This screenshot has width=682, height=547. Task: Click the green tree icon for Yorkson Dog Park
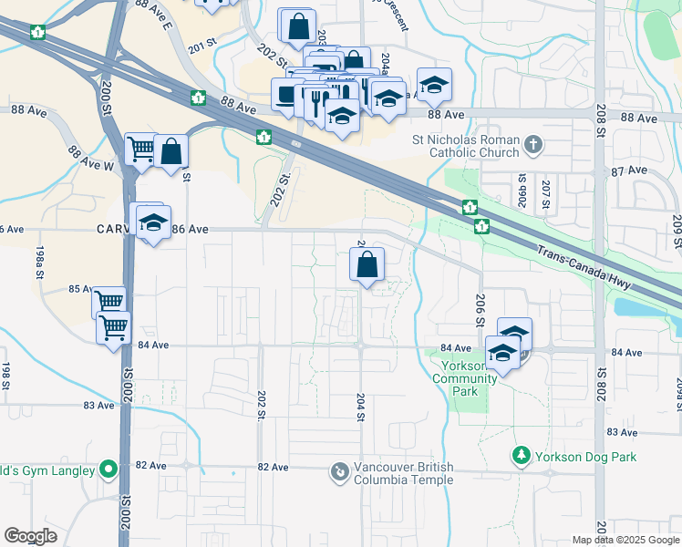(x=521, y=454)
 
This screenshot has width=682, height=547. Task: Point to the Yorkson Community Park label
(x=465, y=378)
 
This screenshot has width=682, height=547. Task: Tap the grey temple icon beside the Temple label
(x=339, y=470)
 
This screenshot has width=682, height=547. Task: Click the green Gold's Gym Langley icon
(x=108, y=470)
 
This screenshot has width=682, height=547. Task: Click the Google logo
(x=31, y=536)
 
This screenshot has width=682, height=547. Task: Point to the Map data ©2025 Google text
(x=625, y=540)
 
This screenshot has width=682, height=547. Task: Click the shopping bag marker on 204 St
(x=366, y=265)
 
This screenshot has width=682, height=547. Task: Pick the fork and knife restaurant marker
(x=318, y=98)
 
